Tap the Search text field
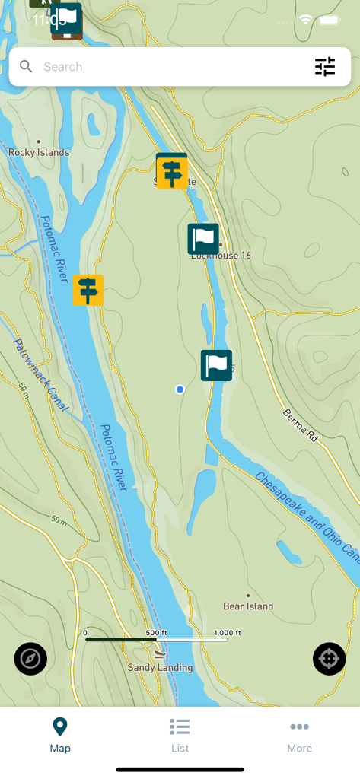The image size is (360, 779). (167, 67)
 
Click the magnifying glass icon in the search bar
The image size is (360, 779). (26, 67)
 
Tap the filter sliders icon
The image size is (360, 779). (325, 67)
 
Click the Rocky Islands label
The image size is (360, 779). (39, 152)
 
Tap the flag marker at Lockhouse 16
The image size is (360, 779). (203, 239)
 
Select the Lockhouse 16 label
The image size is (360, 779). (221, 256)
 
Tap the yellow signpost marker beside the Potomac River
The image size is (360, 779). (88, 290)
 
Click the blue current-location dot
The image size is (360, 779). (180, 389)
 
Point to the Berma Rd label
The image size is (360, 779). (300, 425)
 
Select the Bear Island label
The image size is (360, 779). (248, 606)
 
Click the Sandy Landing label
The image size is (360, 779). (160, 668)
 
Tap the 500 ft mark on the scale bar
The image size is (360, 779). (156, 633)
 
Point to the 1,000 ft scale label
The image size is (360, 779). (227, 633)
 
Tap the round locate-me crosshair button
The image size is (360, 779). (329, 659)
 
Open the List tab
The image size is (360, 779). (180, 736)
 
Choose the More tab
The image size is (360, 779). (299, 736)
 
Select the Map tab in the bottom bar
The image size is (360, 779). (60, 736)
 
